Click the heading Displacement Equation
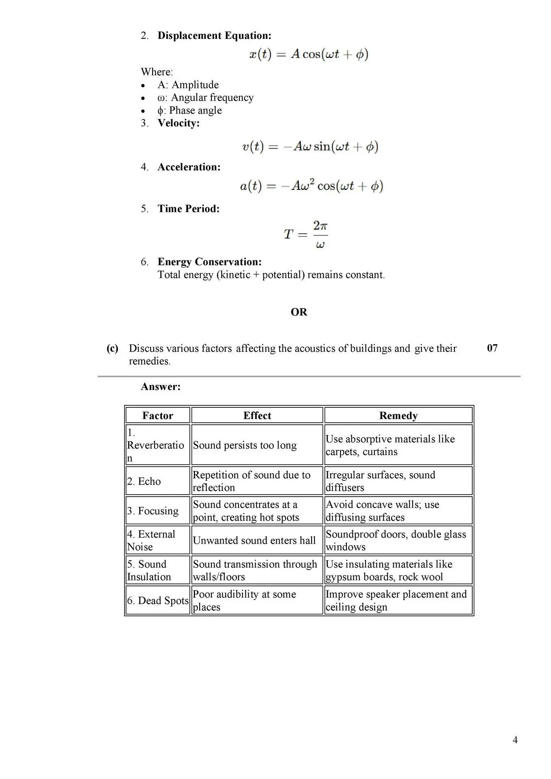214,36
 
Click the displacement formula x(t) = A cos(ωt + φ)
309,54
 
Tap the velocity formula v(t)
310,146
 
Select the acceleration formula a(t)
311,186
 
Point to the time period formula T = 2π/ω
306,235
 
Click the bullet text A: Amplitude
188,85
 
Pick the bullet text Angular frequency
205,98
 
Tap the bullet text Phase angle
189,110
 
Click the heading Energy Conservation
209,262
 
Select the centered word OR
299,312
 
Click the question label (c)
112,349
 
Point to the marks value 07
492,348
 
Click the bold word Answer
161,387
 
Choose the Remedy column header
398,415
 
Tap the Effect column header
257,415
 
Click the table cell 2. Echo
144,481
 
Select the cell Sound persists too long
245,445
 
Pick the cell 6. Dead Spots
158,600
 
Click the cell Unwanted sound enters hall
254,540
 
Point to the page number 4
515,740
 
